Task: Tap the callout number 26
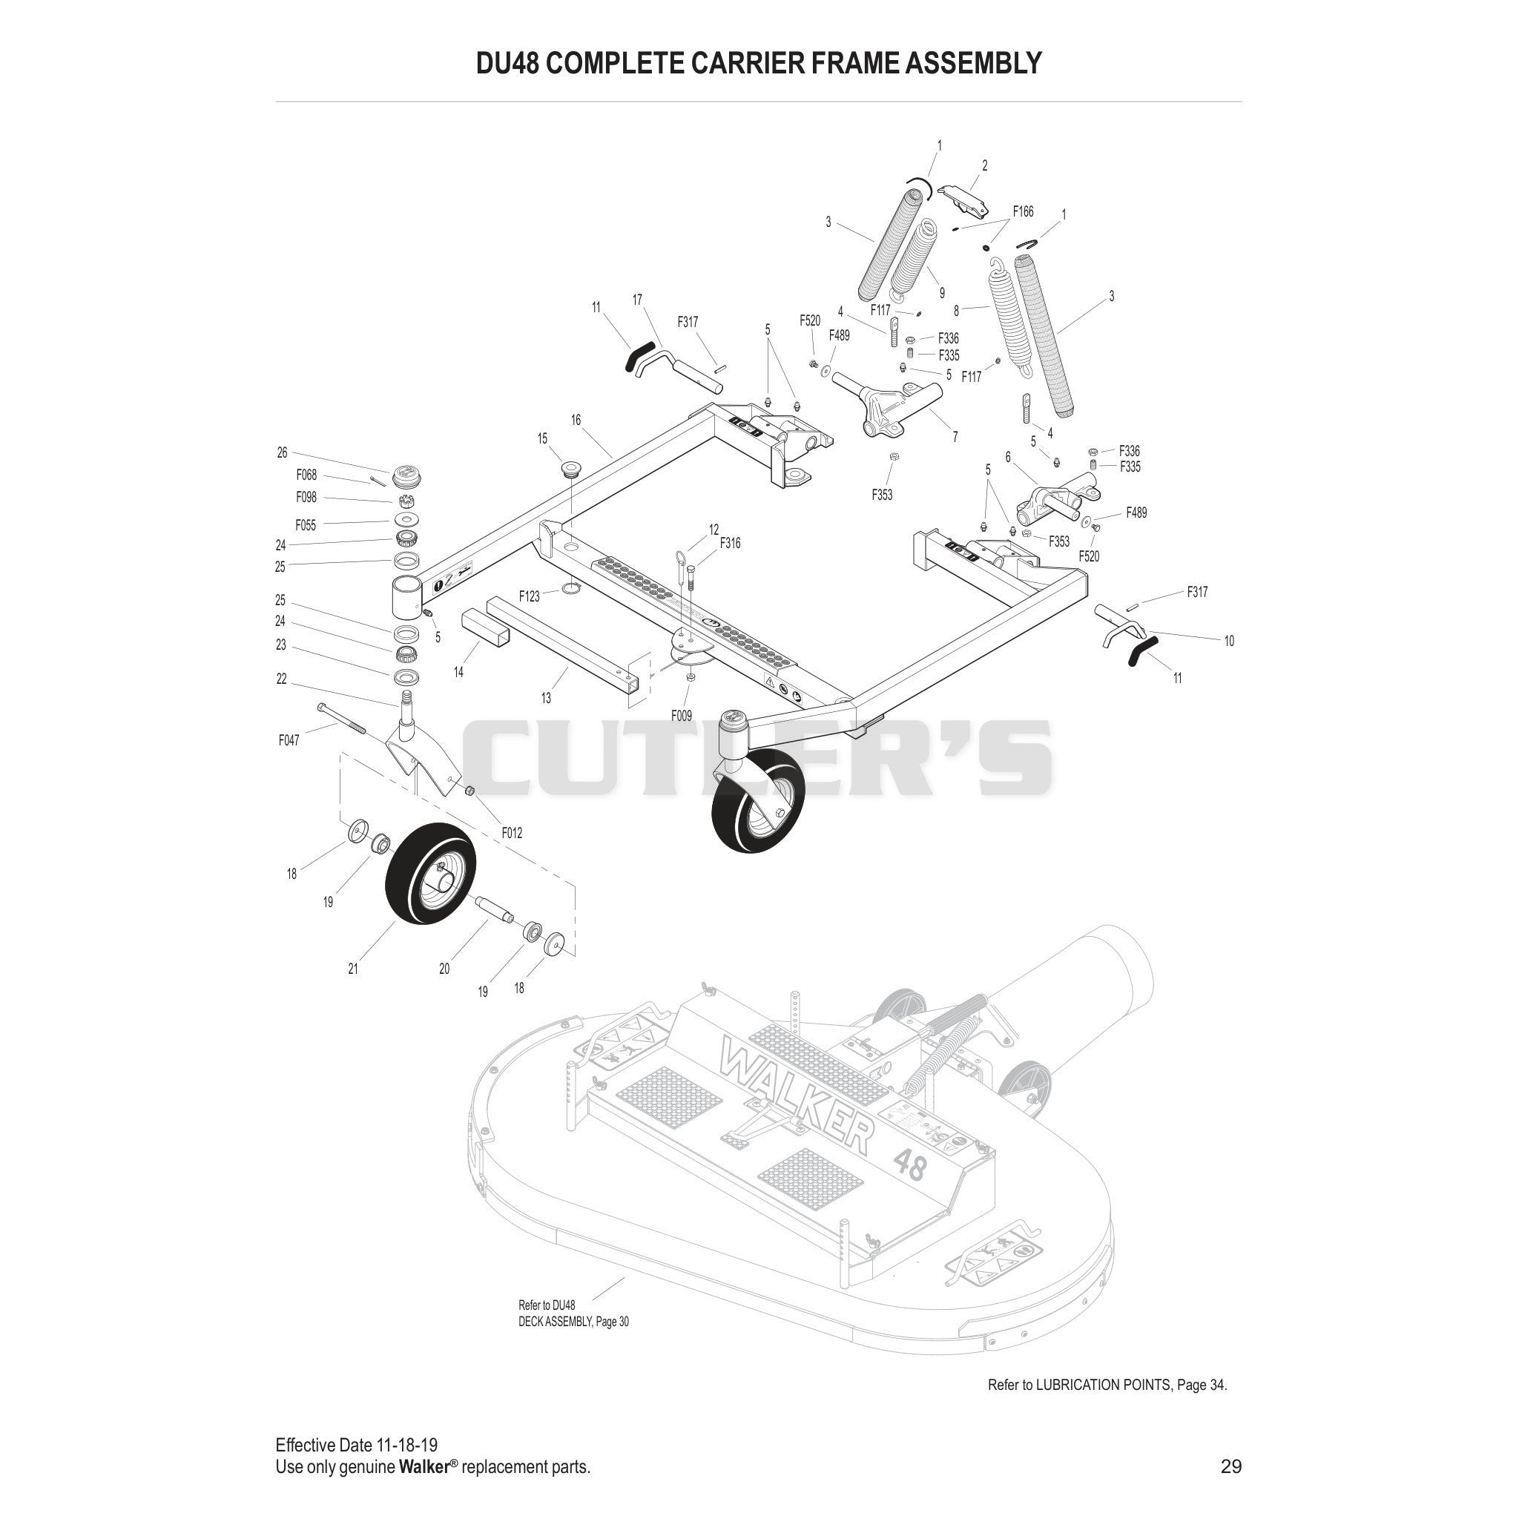coord(283,453)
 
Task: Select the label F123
coord(529,597)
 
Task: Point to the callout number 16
coord(576,421)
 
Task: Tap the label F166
coord(1023,211)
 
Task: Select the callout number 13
coord(546,698)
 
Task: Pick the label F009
coord(682,716)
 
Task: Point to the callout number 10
coord(1229,642)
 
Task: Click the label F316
coord(731,543)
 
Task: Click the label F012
coord(512,834)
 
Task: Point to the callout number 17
coord(637,300)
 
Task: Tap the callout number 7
coord(955,437)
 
